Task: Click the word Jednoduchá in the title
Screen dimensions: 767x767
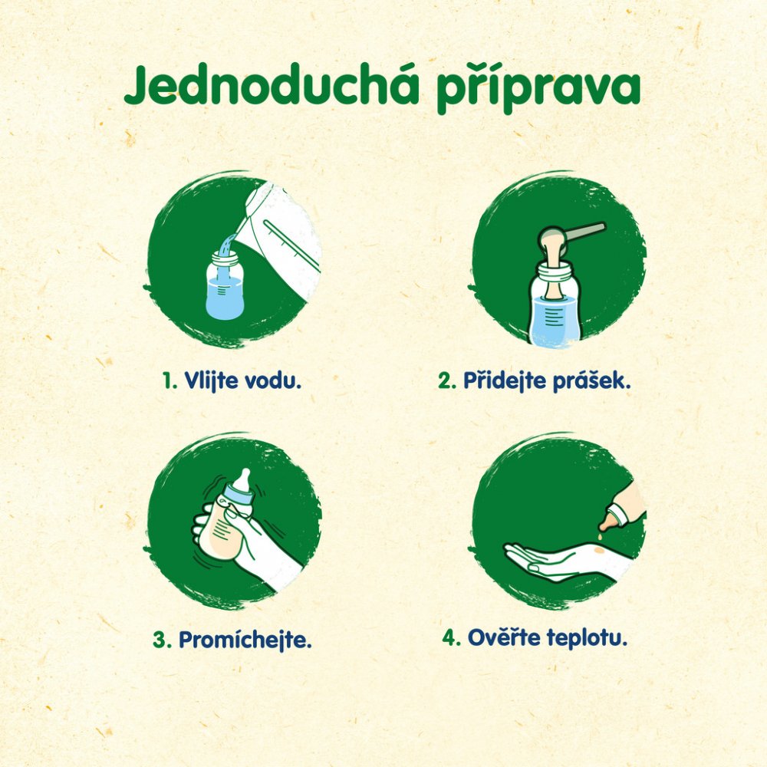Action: (272, 85)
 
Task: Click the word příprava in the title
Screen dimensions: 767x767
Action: (538, 88)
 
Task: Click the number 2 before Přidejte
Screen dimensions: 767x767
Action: (447, 380)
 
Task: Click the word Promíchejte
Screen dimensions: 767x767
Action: (245, 640)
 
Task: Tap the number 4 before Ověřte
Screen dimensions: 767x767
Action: (450, 638)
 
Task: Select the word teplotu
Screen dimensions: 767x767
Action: (587, 638)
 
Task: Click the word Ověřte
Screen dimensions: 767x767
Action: (504, 637)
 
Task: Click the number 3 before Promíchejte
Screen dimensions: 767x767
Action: (162, 640)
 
